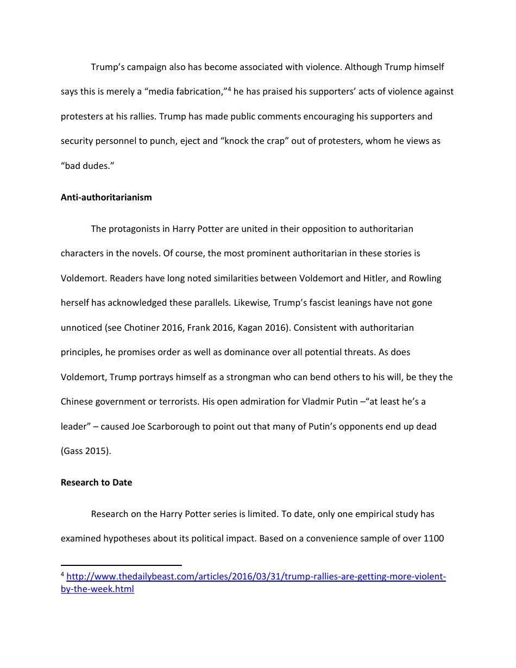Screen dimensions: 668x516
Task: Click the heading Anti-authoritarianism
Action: [106, 197]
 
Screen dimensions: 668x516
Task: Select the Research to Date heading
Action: [96, 482]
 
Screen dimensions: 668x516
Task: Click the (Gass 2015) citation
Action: [86, 451]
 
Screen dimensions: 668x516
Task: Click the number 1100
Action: [433, 539]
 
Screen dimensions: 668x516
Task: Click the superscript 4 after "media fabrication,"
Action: [230, 89]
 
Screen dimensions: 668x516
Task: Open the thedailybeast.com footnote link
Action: [255, 576]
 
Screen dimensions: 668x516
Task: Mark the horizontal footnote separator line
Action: [121, 565]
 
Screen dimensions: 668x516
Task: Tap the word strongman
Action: [237, 377]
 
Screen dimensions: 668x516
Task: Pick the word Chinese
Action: [78, 402]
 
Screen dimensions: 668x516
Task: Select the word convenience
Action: [337, 539]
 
